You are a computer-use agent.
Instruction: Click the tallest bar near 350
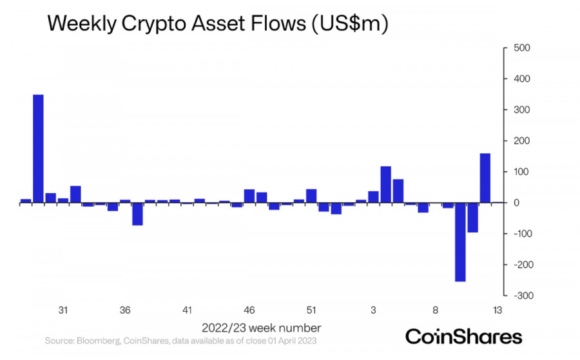38,148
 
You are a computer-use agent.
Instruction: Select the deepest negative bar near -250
460,242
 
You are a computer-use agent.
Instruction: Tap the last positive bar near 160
485,178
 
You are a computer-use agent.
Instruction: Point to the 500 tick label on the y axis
521,48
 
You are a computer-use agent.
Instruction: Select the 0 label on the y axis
517,203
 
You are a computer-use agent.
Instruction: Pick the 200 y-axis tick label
521,141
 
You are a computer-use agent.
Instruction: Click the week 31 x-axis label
63,310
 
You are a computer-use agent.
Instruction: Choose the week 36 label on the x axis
125,310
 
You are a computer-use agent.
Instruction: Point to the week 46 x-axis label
249,310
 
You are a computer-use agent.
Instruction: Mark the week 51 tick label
311,310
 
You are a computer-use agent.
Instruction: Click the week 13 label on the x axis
498,310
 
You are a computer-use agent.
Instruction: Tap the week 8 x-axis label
436,310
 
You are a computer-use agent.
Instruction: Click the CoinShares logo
463,336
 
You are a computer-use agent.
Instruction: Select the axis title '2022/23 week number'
261,327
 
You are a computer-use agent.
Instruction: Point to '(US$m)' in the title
349,24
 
